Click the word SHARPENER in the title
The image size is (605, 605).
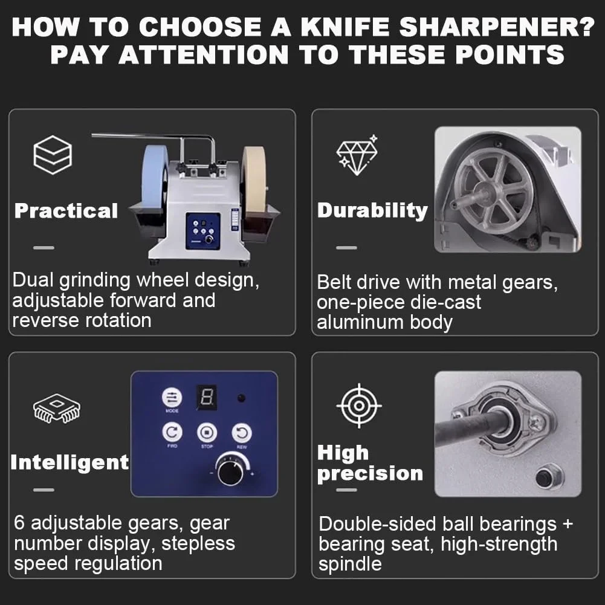[x=497, y=27]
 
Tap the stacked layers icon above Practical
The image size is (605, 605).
[x=53, y=155]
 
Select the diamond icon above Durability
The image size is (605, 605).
[x=357, y=155]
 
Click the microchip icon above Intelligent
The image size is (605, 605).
[x=57, y=408]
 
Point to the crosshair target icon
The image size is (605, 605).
[x=359, y=406]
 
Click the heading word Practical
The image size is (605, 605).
[x=66, y=211]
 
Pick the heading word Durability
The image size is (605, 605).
[x=373, y=211]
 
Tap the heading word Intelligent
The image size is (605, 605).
[x=70, y=462]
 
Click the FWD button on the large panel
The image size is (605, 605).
[x=172, y=432]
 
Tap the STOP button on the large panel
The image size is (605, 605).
[x=207, y=433]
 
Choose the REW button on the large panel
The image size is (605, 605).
[x=242, y=433]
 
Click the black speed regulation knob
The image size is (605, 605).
[x=230, y=472]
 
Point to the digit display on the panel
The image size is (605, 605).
[x=207, y=398]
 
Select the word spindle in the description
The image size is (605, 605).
[x=350, y=565]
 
